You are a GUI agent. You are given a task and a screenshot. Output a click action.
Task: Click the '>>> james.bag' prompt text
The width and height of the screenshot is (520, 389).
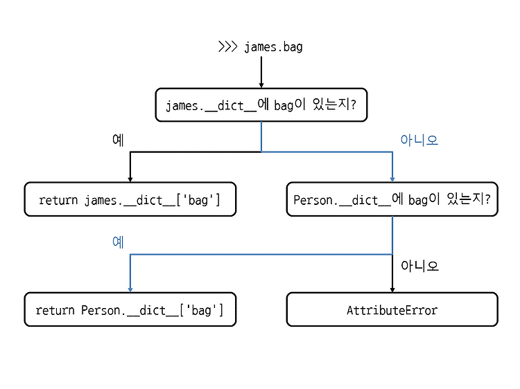point(260,46)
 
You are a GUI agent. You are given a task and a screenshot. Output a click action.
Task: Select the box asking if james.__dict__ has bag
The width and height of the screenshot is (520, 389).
point(261,105)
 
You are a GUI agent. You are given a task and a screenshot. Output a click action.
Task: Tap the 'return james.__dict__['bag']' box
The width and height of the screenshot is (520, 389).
point(130,199)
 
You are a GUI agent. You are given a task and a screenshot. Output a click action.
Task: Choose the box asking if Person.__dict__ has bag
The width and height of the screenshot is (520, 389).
point(392,199)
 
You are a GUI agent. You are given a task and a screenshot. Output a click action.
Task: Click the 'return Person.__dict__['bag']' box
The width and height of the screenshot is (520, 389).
point(130,309)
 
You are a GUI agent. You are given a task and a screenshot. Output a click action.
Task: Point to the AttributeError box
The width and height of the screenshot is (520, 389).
point(392,309)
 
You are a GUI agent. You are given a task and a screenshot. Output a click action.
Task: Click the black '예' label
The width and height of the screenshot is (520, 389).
point(118,140)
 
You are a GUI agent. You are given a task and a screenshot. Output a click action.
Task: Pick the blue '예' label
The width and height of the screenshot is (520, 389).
point(118,242)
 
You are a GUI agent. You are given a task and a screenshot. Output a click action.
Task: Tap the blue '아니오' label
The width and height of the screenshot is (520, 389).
point(419,140)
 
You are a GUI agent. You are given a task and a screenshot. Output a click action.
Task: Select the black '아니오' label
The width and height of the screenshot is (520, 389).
point(419,266)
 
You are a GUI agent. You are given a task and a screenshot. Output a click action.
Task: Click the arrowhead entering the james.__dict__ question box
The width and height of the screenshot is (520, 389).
point(261,85)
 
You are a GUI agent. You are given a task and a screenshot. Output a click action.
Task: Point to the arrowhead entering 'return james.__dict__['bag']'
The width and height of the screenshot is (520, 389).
point(130,179)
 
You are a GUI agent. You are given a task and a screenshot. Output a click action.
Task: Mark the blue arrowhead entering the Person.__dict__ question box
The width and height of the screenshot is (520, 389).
point(392,179)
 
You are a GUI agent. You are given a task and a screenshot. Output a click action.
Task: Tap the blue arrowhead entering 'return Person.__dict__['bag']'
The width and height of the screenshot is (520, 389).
point(130,289)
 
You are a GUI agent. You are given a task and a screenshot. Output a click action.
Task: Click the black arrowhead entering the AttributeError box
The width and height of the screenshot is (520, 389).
point(392,289)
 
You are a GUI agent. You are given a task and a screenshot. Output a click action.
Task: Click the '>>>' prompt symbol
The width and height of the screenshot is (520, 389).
point(228,46)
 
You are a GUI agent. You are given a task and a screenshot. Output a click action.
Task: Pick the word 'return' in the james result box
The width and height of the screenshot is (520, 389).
point(58,200)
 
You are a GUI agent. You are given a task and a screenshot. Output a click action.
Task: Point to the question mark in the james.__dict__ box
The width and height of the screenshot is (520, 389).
point(353,105)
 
